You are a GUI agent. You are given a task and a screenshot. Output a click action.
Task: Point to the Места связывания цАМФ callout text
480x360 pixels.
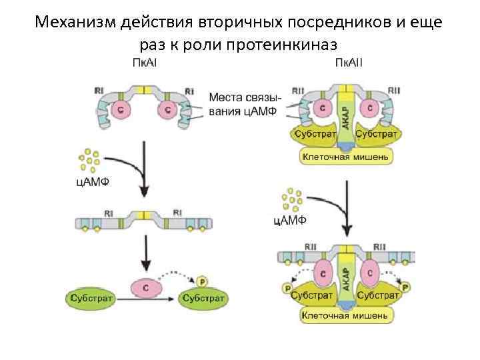point(245,104)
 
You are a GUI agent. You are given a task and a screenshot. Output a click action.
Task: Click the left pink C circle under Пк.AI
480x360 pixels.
point(122,111)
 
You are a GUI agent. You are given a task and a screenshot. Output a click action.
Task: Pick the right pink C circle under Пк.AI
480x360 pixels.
point(164,111)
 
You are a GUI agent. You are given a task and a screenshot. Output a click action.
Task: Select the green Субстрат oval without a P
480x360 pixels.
point(91,297)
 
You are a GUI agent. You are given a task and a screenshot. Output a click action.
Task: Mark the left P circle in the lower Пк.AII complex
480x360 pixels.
point(287,287)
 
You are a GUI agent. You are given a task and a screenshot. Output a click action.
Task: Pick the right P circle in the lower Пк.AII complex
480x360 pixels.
point(405,287)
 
